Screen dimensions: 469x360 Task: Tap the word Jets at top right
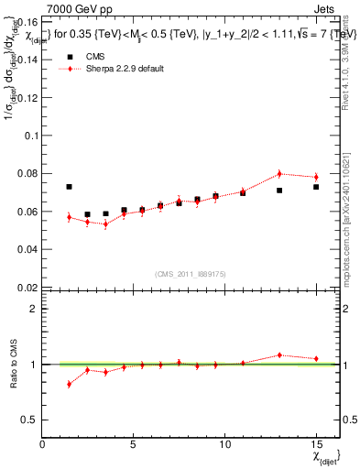(x=326, y=8)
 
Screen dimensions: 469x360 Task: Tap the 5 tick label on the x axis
(x=134, y=444)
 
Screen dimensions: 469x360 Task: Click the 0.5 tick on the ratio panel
(x=30, y=420)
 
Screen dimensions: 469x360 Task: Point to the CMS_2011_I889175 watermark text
(x=190, y=273)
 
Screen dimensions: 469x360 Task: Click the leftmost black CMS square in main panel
(x=69, y=187)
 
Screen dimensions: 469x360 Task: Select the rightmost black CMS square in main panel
(x=316, y=187)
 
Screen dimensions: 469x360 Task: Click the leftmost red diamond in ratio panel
(x=69, y=384)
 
